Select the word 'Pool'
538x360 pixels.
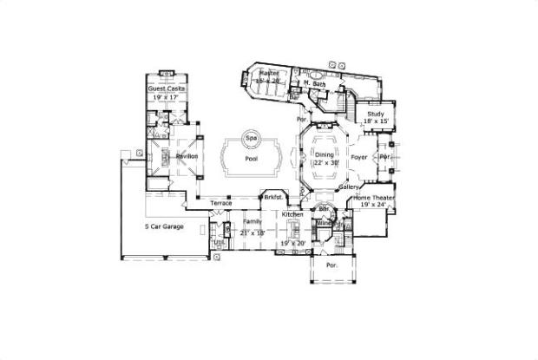pyautogui.click(x=252, y=160)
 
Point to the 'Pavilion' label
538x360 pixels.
pyautogui.click(x=187, y=156)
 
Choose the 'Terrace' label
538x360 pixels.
pyautogui.click(x=220, y=203)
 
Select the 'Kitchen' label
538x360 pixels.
pyautogui.click(x=292, y=213)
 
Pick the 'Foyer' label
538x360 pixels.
pyautogui.click(x=359, y=158)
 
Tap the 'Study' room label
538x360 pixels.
pyautogui.click(x=376, y=114)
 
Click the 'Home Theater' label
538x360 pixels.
pyautogui.click(x=373, y=199)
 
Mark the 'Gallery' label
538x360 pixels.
pyautogui.click(x=349, y=187)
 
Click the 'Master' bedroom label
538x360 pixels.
pyautogui.click(x=269, y=74)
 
